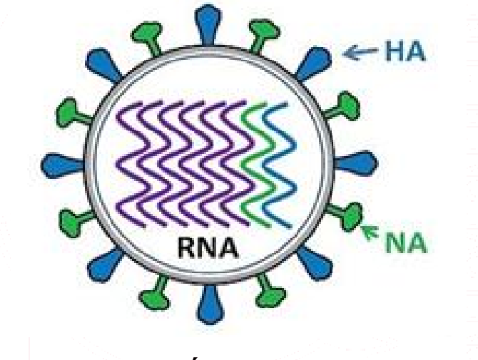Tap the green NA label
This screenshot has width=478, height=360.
[406, 243]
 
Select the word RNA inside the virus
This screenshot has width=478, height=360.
[208, 247]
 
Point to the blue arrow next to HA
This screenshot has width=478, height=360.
[360, 52]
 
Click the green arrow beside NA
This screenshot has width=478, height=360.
[370, 232]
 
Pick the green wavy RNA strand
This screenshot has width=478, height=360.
[256, 165]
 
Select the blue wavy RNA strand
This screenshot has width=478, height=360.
[279, 165]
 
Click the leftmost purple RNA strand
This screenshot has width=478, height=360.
[132, 165]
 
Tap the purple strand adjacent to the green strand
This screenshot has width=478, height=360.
[237, 165]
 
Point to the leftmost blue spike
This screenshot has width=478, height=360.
[63, 165]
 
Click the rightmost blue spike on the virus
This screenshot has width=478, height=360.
[356, 163]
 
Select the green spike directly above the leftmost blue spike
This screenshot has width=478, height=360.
[75, 113]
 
